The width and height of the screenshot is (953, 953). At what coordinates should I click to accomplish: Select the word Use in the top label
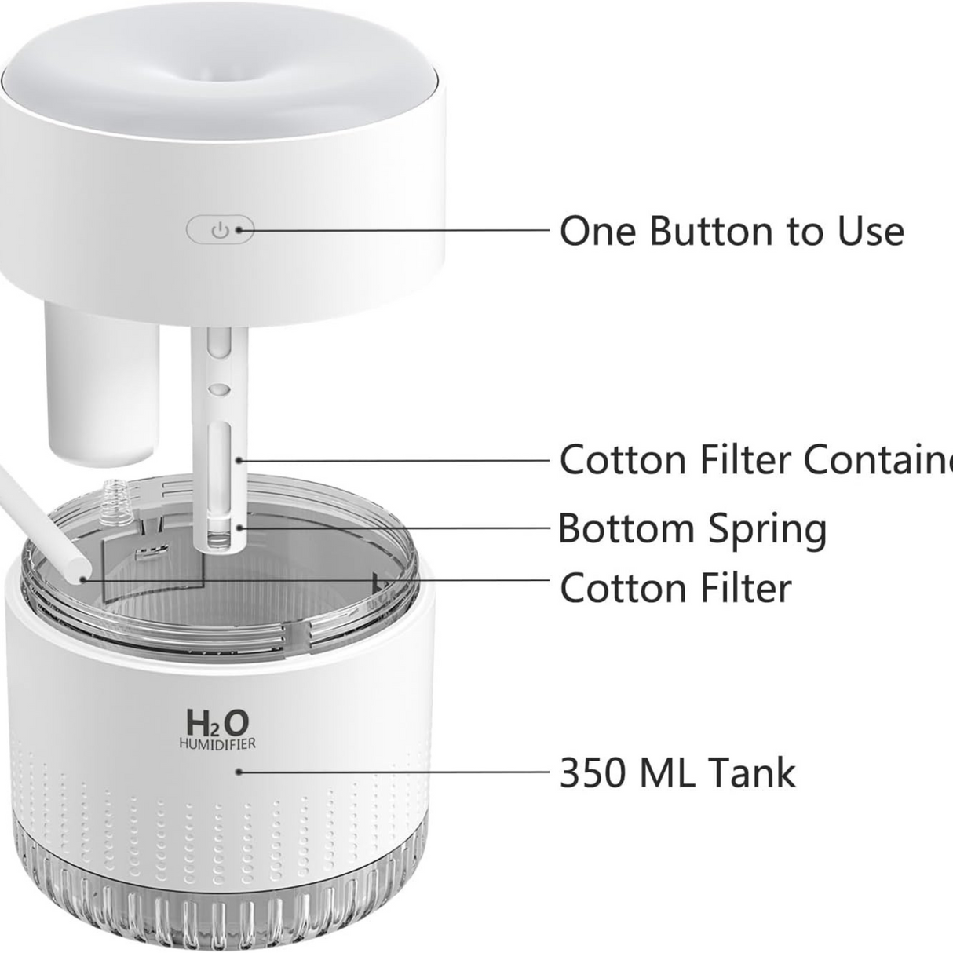pos(869,231)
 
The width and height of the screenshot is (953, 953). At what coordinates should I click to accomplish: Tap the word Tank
pos(752,772)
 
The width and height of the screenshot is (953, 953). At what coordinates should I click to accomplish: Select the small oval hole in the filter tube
pos(221,389)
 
